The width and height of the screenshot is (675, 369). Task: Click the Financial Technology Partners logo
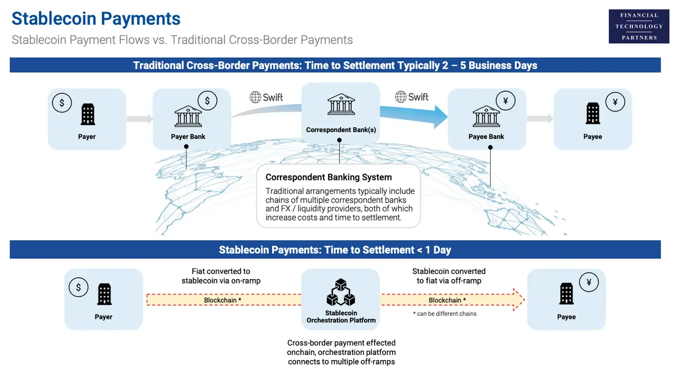pyautogui.click(x=638, y=26)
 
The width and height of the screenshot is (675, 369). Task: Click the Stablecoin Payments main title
pyautogui.click(x=96, y=18)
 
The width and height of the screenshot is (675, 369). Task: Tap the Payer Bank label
pyautogui.click(x=188, y=137)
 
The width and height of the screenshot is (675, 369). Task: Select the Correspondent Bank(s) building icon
pyautogui.click(x=341, y=105)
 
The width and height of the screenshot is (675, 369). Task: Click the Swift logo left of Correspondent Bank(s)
pyautogui.click(x=267, y=97)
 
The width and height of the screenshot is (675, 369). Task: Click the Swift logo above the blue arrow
pyautogui.click(x=412, y=97)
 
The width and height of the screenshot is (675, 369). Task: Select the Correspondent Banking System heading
pyautogui.click(x=328, y=177)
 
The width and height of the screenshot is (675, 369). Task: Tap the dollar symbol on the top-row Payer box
pyautogui.click(x=62, y=103)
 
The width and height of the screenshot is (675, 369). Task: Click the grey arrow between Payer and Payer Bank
pyautogui.click(x=139, y=119)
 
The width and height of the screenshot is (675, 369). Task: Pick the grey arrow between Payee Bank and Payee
pyautogui.click(x=539, y=119)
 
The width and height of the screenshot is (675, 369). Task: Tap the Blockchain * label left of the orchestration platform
pyautogui.click(x=223, y=300)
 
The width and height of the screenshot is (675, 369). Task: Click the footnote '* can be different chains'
pyautogui.click(x=445, y=314)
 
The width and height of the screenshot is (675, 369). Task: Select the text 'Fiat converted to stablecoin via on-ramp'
pyautogui.click(x=221, y=276)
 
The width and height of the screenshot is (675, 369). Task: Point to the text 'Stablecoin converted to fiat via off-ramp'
pyautogui.click(x=448, y=276)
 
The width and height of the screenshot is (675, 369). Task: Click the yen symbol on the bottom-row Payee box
pyautogui.click(x=589, y=282)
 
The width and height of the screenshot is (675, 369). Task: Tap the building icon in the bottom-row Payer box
pyautogui.click(x=104, y=294)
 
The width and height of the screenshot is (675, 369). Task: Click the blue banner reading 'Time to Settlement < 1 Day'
pyautogui.click(x=335, y=250)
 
